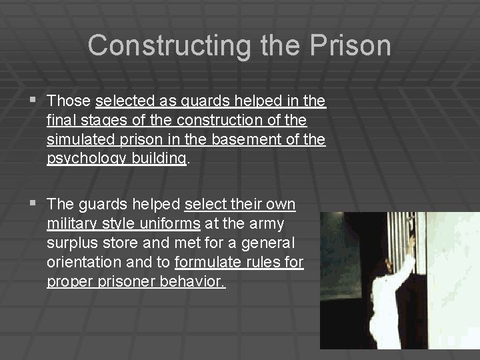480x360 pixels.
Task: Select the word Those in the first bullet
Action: (x=69, y=101)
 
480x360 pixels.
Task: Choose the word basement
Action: (x=249, y=140)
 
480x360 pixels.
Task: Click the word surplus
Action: (x=71, y=243)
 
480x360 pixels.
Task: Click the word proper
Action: (x=67, y=281)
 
